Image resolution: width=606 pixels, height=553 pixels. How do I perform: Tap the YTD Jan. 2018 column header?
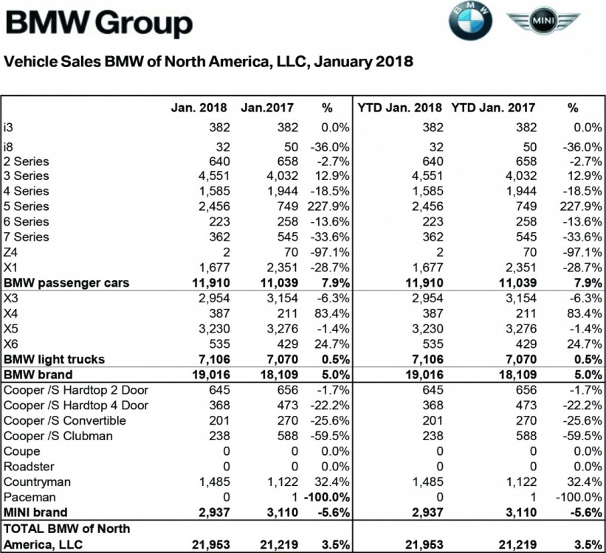(401, 108)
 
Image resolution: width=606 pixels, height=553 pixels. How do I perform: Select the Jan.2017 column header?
(266, 108)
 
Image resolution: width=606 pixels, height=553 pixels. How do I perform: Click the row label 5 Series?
(27, 206)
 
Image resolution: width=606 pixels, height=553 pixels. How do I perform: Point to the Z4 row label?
(10, 252)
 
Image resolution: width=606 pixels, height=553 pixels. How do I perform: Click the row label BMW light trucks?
(55, 359)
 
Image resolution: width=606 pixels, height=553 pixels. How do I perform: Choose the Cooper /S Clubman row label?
(58, 436)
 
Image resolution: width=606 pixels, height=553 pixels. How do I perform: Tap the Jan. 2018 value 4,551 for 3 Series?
(214, 175)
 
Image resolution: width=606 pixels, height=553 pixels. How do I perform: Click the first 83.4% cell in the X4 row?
(332, 313)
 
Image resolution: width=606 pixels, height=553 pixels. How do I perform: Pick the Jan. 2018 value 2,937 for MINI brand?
(213, 512)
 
